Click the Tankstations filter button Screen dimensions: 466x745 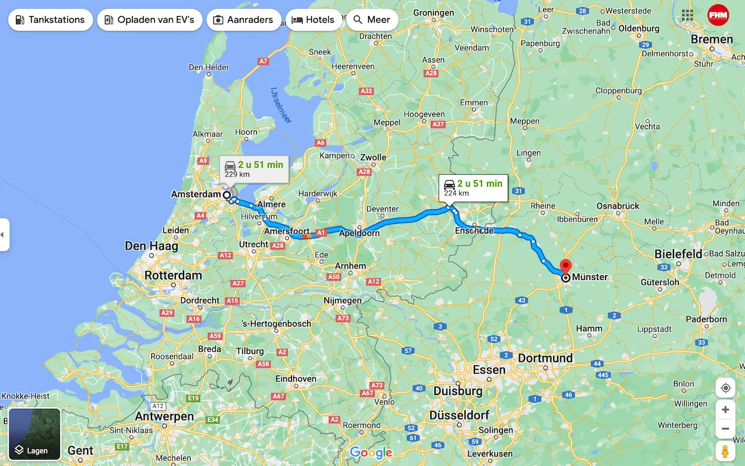tap(50, 20)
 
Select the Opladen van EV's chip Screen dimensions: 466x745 tap(150, 20)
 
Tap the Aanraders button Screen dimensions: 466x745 tap(243, 20)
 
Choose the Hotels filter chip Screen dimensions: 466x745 tap(313, 20)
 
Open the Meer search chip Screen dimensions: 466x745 tap(372, 20)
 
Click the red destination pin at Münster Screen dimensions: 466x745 tap(566, 266)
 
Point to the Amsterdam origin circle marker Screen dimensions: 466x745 tap(227, 195)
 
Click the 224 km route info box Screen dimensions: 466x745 tap(473, 187)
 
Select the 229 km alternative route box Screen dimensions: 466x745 tap(254, 169)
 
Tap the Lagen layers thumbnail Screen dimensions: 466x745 tap(35, 434)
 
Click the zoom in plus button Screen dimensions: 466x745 tap(725, 409)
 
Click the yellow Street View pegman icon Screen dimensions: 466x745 tap(725, 451)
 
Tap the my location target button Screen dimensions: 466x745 tap(725, 388)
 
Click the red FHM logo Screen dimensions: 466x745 tap(718, 15)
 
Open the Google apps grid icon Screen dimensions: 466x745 tap(687, 15)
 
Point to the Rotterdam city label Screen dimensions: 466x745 tap(173, 276)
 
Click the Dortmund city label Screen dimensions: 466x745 tap(545, 358)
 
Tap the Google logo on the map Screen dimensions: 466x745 tap(371, 453)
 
